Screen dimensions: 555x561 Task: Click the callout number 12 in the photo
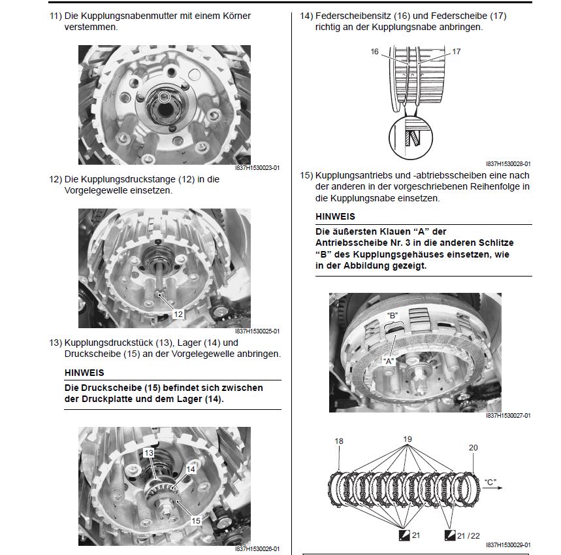(x=178, y=314)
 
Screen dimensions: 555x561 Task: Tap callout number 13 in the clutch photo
(x=149, y=453)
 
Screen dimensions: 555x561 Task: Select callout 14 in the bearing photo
(x=191, y=469)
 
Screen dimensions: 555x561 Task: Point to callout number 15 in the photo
(x=196, y=521)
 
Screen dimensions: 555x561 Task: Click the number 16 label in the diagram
(x=375, y=52)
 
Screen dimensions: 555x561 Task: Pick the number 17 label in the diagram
(x=457, y=51)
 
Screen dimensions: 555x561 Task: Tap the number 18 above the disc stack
(x=339, y=441)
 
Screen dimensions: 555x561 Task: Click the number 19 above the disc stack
(x=408, y=439)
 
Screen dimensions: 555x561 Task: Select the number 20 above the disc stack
(x=473, y=448)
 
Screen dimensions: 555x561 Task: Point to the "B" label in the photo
(x=392, y=315)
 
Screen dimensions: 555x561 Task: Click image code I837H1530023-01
(x=257, y=168)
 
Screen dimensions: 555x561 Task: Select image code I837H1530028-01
(x=508, y=164)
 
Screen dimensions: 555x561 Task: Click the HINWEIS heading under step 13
(x=84, y=373)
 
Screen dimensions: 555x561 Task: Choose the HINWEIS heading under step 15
(x=335, y=216)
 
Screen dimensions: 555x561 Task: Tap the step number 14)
(x=306, y=16)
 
